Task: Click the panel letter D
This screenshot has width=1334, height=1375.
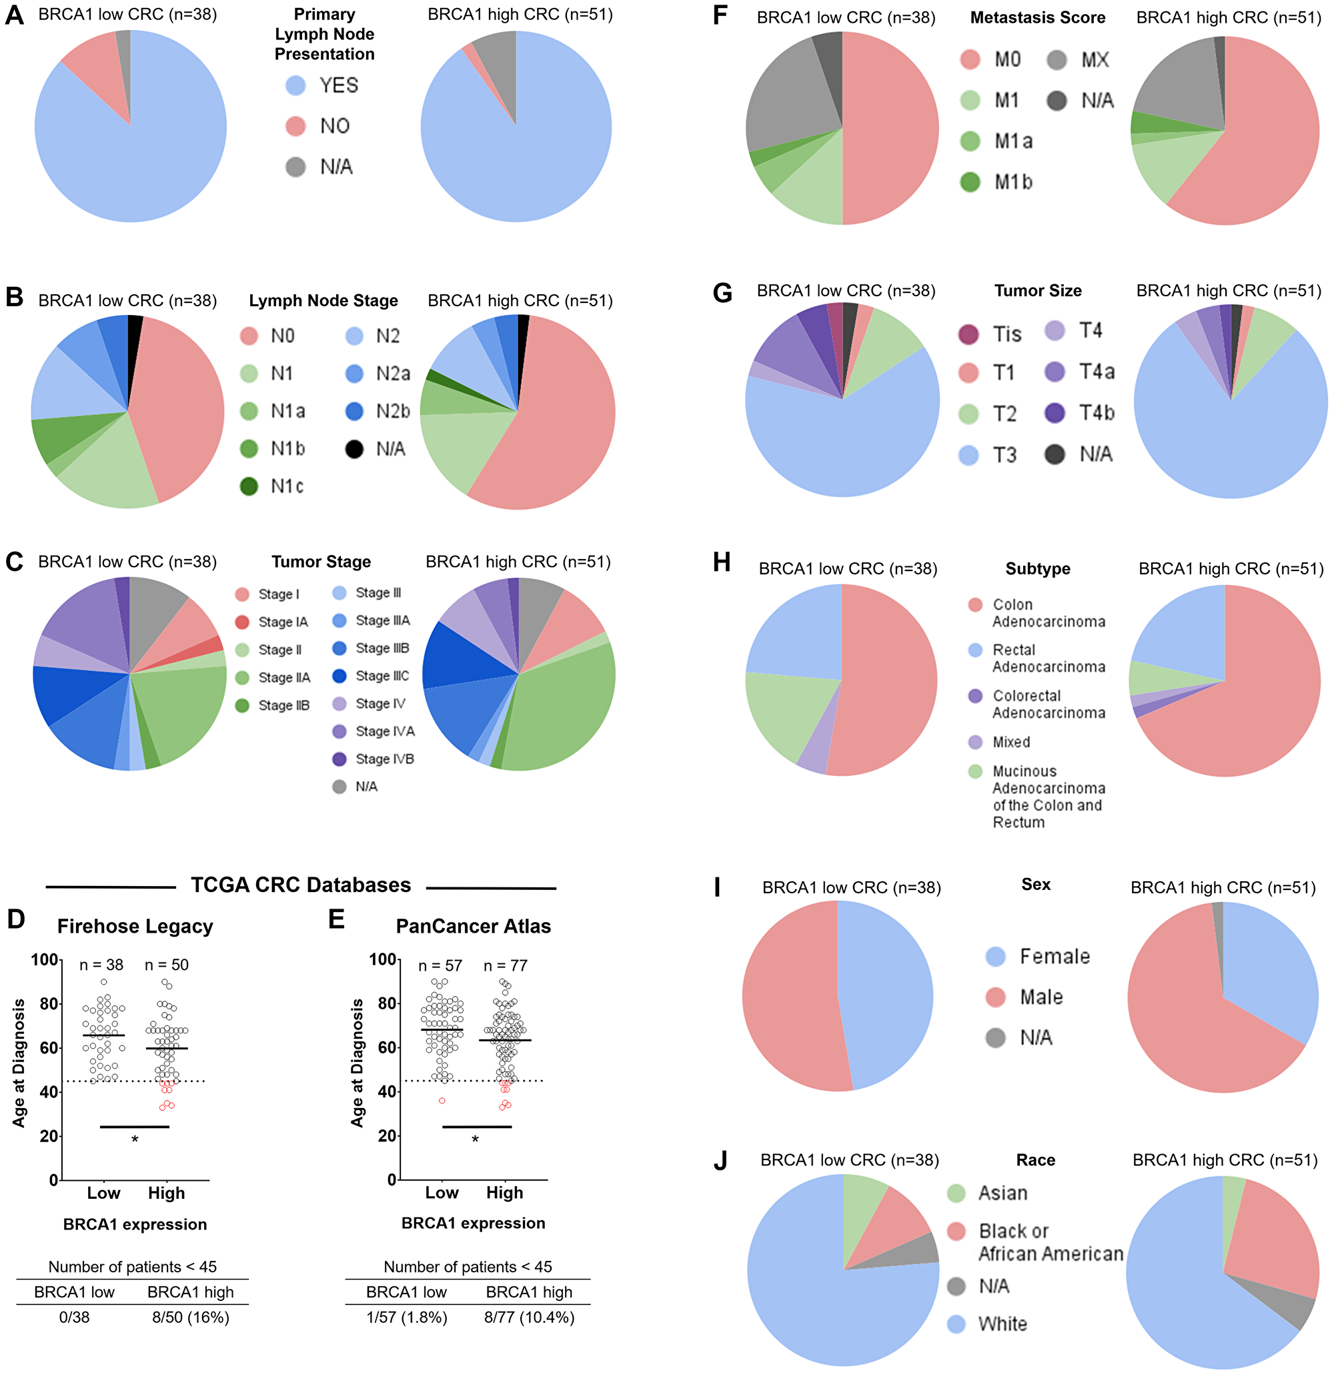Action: pos(15,919)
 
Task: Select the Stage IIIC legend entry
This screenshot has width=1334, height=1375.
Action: pos(370,676)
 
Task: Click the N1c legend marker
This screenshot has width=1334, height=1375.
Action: pos(249,486)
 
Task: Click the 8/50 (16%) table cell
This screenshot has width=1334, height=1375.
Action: pos(191,1318)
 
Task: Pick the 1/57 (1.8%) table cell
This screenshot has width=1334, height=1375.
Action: pos(407,1318)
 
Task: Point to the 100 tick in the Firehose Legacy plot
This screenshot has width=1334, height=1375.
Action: pos(44,959)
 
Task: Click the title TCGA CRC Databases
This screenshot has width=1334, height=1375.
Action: pos(301,885)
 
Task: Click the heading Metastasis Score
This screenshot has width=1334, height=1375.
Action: pos(1037,18)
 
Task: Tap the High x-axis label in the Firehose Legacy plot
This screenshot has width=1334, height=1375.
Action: pos(166,1193)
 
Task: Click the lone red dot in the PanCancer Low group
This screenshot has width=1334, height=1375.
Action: pos(442,1101)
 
